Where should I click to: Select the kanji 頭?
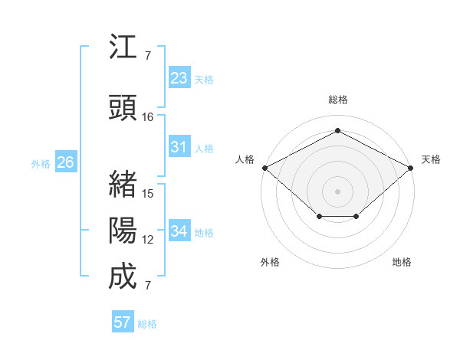tap(123, 108)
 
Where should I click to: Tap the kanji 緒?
tap(123, 185)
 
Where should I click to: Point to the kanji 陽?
tap(123, 231)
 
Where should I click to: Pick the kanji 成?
tap(123, 277)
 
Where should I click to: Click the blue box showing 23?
tap(179, 78)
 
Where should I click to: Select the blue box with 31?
tap(179, 147)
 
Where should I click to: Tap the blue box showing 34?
tap(179, 231)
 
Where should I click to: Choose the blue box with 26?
tap(66, 162)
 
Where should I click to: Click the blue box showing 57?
tap(123, 322)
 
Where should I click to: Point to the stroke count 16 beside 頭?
tap(148, 117)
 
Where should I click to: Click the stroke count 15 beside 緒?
tap(148, 194)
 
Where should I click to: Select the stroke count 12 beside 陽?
tap(148, 240)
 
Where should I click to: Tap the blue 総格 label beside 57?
tap(147, 324)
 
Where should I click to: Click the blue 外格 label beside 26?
tap(41, 163)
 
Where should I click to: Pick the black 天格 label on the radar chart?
tap(431, 159)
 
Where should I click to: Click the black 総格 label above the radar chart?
tap(337, 100)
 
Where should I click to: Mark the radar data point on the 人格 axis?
tap(264, 168)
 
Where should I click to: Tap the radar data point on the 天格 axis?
tap(411, 168)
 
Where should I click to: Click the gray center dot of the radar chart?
tap(337, 191)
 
